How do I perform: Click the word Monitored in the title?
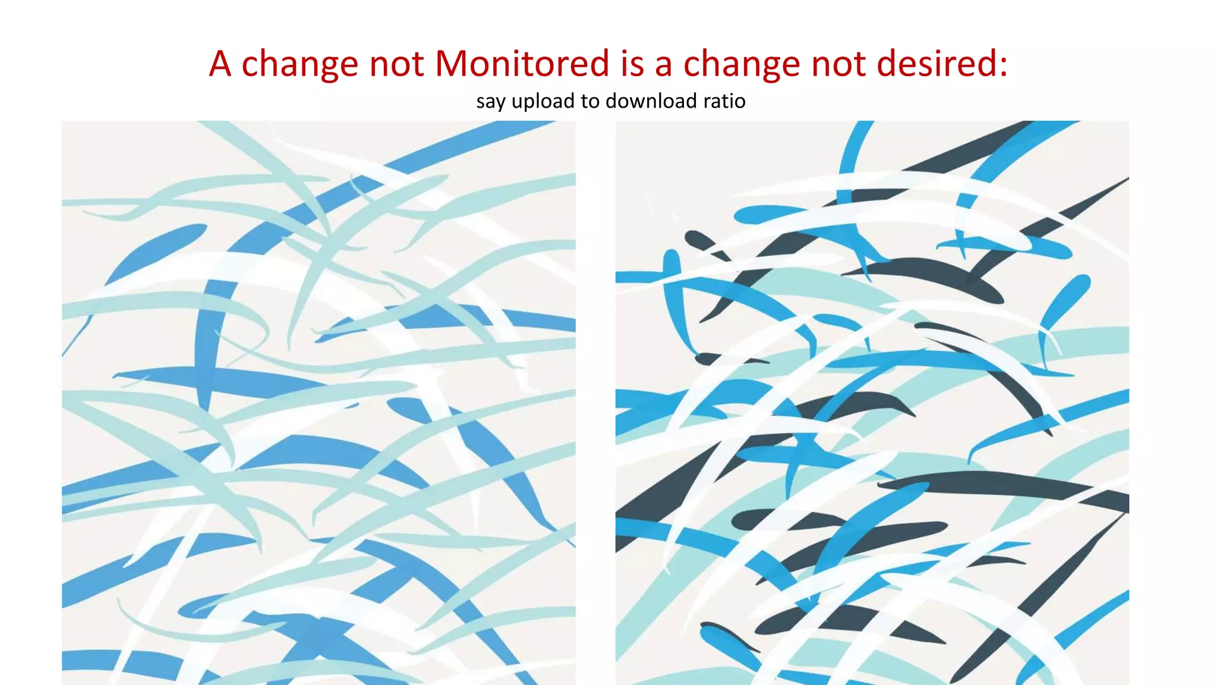pos(522,63)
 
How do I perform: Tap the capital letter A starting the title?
pos(220,63)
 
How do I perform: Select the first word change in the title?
pos(299,64)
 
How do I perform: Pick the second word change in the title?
pos(742,64)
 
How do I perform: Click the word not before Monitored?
pos(396,63)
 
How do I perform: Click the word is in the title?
pos(632,63)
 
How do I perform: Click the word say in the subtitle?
pos(490,102)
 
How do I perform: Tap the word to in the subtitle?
pos(590,101)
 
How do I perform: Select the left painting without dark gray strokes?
pos(319,403)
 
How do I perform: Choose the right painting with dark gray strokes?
pos(872,403)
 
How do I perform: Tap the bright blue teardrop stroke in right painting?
pos(1067,300)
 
